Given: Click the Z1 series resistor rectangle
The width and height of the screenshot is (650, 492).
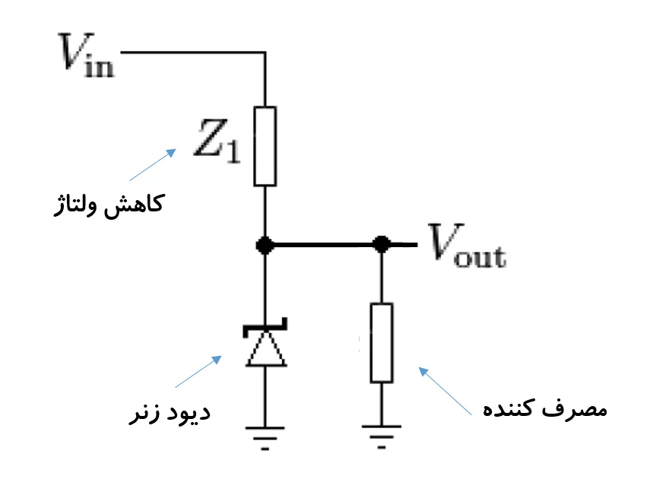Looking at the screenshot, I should (265, 146).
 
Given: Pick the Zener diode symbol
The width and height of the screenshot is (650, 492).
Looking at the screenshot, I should (265, 346).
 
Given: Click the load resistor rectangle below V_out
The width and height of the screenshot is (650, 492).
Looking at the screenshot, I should (382, 342).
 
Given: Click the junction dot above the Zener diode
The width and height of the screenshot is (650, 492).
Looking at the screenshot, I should (265, 245).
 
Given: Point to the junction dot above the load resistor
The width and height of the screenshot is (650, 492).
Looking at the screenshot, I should (382, 245).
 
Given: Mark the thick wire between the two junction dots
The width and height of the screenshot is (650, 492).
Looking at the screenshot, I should (323, 245).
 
